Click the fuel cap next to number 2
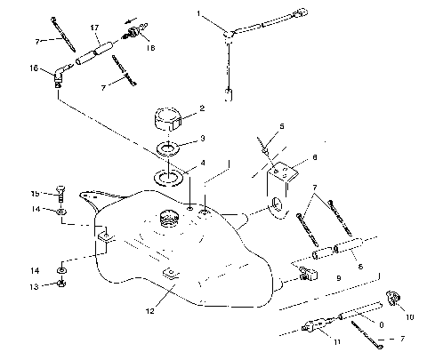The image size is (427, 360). (x=166, y=116)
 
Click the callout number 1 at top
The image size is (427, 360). (x=199, y=14)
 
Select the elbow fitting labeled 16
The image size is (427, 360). (x=60, y=74)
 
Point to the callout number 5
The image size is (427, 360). (x=282, y=127)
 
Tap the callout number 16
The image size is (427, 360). (x=36, y=68)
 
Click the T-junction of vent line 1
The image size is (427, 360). (x=230, y=32)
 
